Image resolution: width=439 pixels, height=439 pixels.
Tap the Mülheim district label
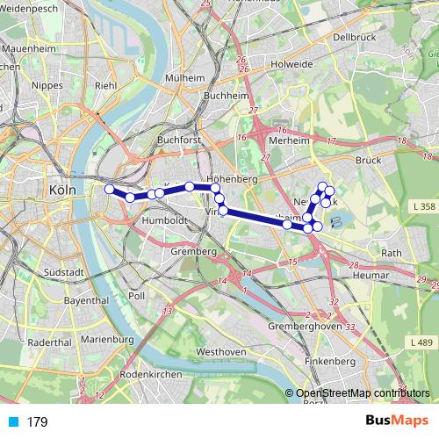pyautogui.click(x=185, y=78)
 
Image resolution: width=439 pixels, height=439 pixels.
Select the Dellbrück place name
pyautogui.click(x=354, y=37)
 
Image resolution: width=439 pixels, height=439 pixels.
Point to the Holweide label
pyautogui.click(x=291, y=63)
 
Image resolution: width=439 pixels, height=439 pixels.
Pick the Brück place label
pyautogui.click(x=370, y=161)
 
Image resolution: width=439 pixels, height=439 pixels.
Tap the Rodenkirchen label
pyautogui.click(x=150, y=373)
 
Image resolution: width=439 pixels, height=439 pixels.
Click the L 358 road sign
pyautogui.click(x=422, y=207)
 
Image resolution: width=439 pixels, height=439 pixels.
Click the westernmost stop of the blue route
pyautogui.click(x=109, y=189)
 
